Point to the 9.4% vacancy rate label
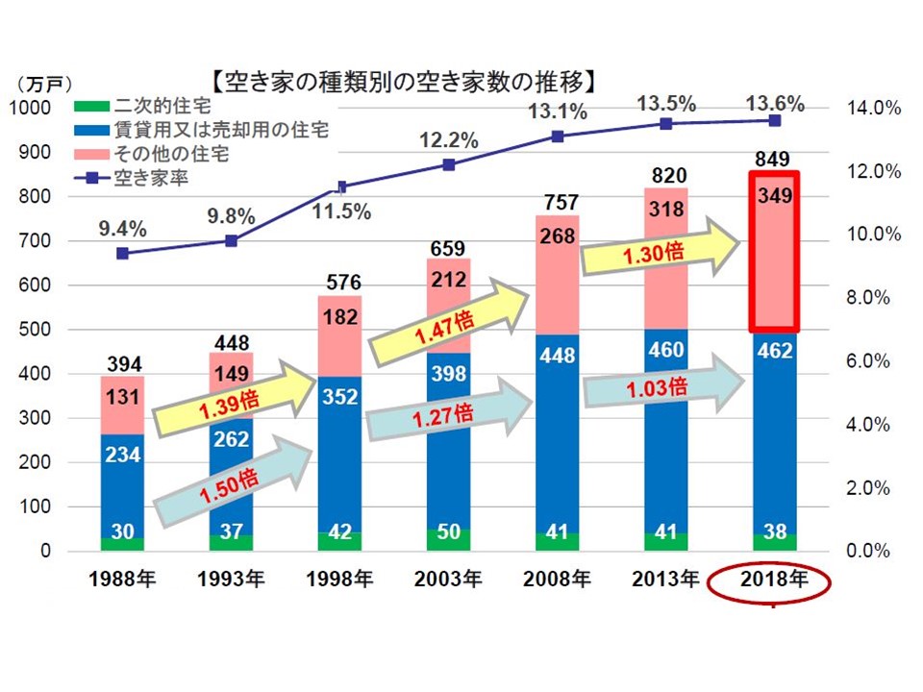122,229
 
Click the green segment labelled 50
449,533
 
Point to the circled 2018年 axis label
775,580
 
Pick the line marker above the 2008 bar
557,136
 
